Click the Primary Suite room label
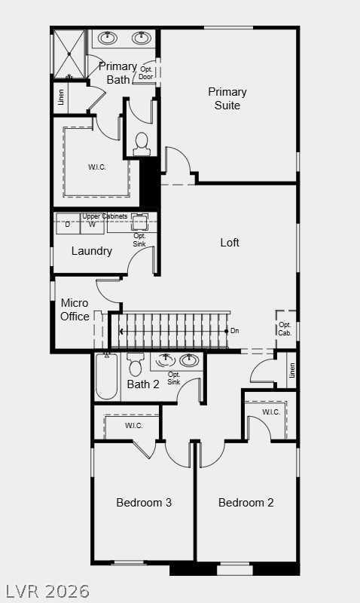click(227, 99)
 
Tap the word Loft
click(230, 243)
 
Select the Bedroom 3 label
click(144, 503)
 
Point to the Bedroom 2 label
click(246, 503)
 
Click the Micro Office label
click(75, 310)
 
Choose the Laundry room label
click(92, 251)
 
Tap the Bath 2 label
click(143, 384)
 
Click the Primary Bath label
click(117, 72)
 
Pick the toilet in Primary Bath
click(142, 143)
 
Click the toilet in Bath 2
click(136, 364)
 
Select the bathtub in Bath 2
click(106, 376)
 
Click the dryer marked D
click(68, 225)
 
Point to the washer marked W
click(92, 225)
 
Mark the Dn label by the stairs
click(234, 331)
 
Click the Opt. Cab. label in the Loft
click(285, 329)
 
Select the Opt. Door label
click(146, 73)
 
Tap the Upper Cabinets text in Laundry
click(105, 217)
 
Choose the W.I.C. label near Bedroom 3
click(134, 426)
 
